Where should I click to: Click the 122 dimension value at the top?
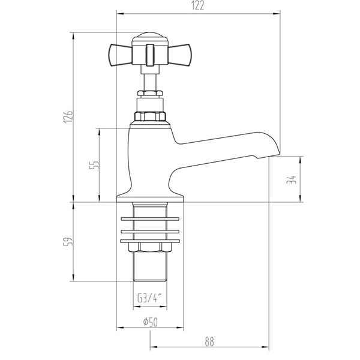coord(198,7)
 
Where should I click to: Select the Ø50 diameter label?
coord(149,322)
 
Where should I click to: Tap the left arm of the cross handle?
coord(118,55)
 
